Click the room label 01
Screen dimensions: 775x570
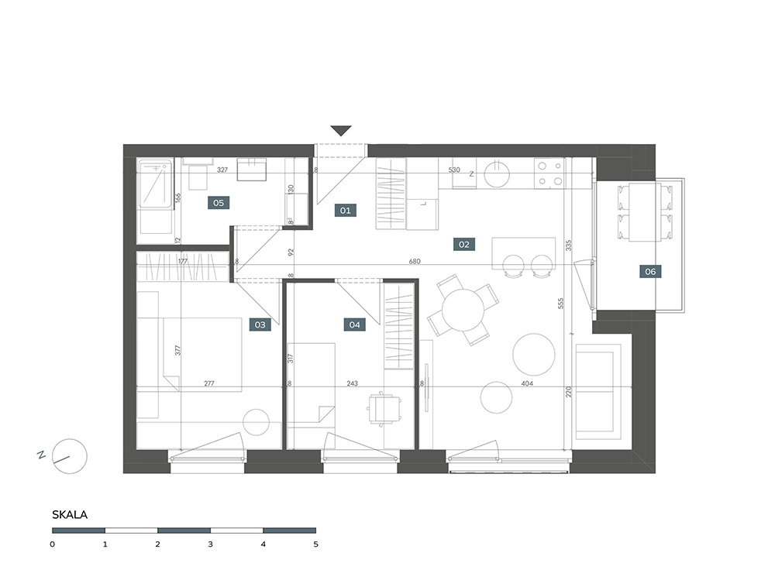tap(345, 211)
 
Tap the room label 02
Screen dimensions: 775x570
tap(463, 244)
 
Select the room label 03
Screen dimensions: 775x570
tap(260, 324)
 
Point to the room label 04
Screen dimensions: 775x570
tap(355, 324)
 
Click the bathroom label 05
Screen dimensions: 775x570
tap(219, 202)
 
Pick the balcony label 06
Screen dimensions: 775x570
tap(650, 271)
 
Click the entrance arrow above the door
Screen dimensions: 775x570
tap(341, 131)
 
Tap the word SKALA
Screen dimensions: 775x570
tap(70, 515)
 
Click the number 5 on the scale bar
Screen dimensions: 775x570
tap(316, 544)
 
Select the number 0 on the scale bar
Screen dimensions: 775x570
tap(53, 544)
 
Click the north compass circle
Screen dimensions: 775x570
tap(70, 456)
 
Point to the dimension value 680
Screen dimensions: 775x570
tap(415, 261)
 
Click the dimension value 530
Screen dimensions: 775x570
tap(454, 170)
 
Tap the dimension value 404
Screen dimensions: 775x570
tap(527, 383)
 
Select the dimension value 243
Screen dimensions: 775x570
tap(353, 383)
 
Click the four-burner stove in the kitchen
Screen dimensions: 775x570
tap(549, 173)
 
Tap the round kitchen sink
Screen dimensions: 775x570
tap(497, 173)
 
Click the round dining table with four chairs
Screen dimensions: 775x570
tap(463, 311)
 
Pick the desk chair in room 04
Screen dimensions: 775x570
tap(384, 408)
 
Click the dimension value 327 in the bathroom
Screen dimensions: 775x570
tap(222, 170)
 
